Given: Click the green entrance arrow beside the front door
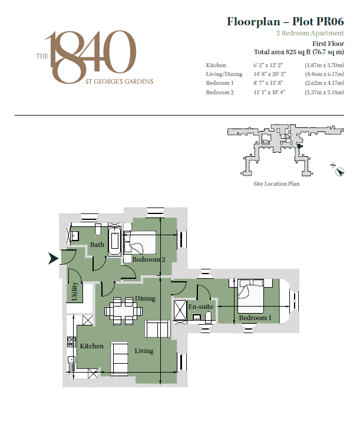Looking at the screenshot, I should pos(52,258).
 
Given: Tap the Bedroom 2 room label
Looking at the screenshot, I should pos(148,260).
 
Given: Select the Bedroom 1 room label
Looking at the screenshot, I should pos(255,318).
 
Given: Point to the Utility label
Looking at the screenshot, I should pos(75,292).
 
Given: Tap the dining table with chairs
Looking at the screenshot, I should pos(124,310).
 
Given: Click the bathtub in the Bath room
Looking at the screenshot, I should pos(114,243).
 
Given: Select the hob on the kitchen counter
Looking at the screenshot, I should pos(72,341).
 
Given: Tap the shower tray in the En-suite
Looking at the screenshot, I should pos(180,310).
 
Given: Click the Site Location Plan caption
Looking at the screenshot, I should pos(276,184).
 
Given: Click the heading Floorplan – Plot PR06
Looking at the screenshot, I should pos(285,22).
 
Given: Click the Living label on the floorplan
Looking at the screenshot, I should pos(144,351).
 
